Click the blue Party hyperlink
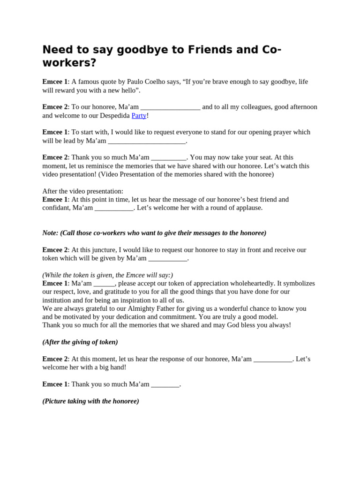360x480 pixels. (x=139, y=115)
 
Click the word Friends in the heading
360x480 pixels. (x=178, y=50)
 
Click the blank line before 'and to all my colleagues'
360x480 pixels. (x=170, y=107)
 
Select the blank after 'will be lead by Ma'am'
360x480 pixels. (x=147, y=141)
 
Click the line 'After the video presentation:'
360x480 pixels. (x=83, y=191)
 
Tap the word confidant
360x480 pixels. (x=56, y=208)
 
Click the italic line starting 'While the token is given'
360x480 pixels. (x=108, y=275)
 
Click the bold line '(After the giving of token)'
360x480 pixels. (x=80, y=342)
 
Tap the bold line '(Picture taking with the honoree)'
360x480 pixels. (x=91, y=401)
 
